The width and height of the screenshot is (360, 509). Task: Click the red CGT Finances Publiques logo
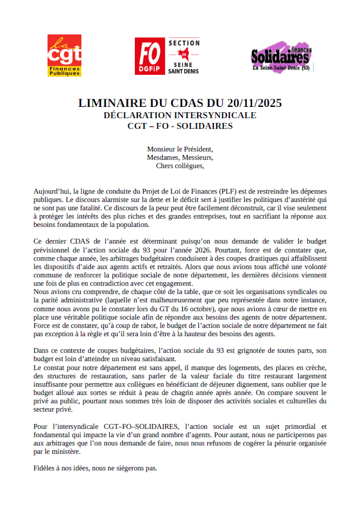point(64,55)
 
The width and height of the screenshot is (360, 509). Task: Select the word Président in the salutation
point(198,148)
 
